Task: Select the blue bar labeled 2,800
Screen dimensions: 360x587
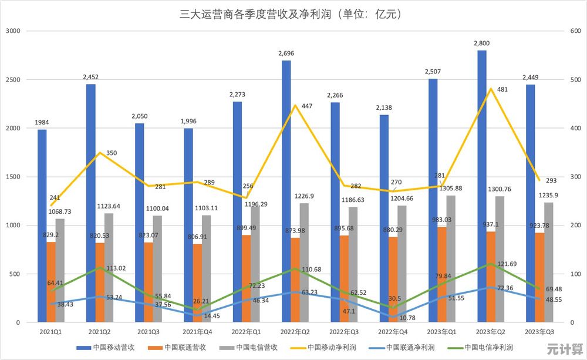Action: point(481,188)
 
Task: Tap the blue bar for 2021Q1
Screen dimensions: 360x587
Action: point(42,226)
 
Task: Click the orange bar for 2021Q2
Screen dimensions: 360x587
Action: point(100,282)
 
